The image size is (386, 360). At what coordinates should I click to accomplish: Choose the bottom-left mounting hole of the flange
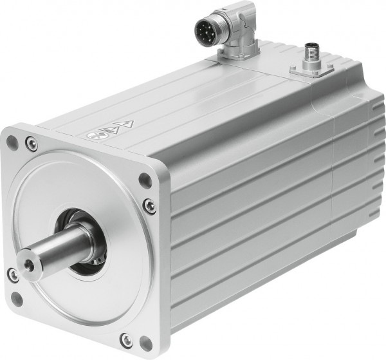tap(17, 299)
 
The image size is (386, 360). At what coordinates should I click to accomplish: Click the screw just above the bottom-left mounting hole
tap(12, 276)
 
